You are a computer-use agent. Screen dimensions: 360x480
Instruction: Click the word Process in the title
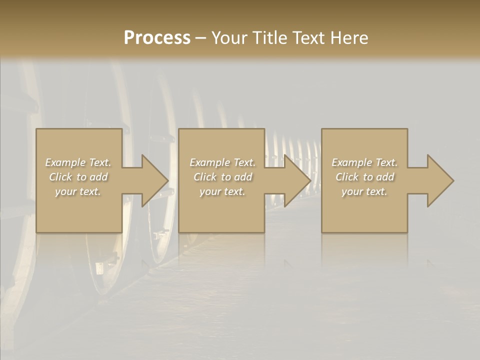coord(157,38)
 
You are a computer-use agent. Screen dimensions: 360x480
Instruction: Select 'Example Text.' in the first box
coord(78,162)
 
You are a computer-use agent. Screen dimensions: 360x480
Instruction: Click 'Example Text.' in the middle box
coord(222,162)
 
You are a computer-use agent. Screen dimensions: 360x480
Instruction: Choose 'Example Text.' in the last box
coord(364,162)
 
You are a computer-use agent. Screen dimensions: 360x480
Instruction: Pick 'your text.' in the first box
coord(78,191)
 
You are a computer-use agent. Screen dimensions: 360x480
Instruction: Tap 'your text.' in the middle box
coord(222,191)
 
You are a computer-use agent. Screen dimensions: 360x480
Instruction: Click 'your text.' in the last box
coord(364,191)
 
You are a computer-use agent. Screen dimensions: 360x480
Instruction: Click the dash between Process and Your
coord(200,38)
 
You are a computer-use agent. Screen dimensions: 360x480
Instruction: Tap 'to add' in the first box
coord(92,177)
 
